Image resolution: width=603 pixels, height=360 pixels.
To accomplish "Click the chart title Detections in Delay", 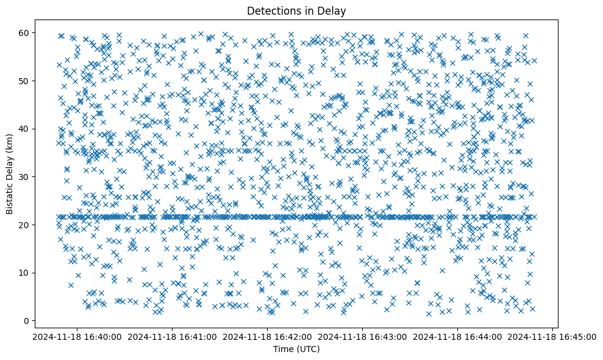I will pyautogui.click(x=296, y=10).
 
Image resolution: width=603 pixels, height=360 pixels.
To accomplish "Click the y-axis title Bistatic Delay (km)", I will pyautogui.click(x=10, y=173).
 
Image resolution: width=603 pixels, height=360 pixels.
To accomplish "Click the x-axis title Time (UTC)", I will pyautogui.click(x=296, y=349).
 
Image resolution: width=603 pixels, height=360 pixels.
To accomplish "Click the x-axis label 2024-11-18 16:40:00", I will pyautogui.click(x=77, y=336).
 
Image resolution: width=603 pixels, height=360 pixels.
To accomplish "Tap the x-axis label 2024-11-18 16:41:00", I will pyautogui.click(x=172, y=336).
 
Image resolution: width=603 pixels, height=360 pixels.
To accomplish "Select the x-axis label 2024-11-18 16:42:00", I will pyautogui.click(x=267, y=336).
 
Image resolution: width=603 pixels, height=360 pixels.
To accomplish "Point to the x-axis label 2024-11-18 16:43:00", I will pyautogui.click(x=363, y=336).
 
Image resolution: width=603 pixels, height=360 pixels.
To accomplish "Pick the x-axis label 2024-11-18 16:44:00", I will pyautogui.click(x=458, y=336).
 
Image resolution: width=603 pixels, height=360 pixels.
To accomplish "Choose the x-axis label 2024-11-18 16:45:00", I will pyautogui.click(x=553, y=336).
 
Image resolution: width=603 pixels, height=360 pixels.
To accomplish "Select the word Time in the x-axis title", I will pyautogui.click(x=282, y=349).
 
